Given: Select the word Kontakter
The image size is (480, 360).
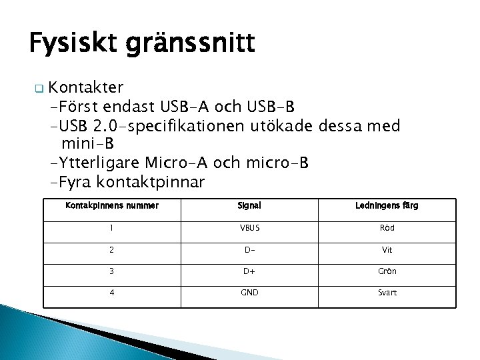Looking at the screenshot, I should [86, 87].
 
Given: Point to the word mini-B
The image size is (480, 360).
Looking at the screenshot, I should [87, 144].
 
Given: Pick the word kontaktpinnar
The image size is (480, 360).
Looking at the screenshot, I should [151, 182].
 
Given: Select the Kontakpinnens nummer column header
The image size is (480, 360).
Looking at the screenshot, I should [112, 206].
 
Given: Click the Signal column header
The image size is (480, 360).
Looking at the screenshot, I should [249, 206].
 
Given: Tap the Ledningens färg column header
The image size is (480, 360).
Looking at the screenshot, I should [387, 206].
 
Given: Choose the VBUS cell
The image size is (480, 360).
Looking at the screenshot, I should [249, 228].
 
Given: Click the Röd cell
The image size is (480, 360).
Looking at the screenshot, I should [387, 228].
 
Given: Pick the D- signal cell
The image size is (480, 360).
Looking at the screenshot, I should [249, 249].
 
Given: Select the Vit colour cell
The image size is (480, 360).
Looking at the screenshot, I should [387, 249].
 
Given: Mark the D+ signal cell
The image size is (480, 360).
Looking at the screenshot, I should [249, 271].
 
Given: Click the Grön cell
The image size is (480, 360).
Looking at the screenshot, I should [387, 271].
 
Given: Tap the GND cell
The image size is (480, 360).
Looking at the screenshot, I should [249, 293].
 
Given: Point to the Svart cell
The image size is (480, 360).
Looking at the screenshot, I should [387, 293].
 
